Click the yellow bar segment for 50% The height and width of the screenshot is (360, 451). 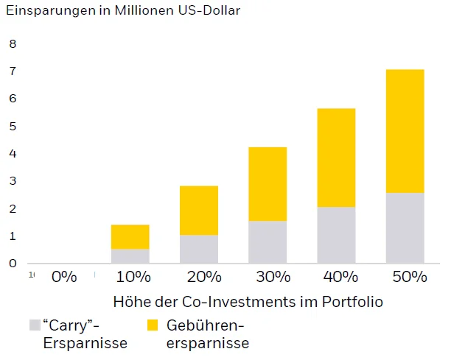pos(405,131)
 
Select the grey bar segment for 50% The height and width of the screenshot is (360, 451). pos(405,227)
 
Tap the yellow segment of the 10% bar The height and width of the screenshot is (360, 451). pos(130,236)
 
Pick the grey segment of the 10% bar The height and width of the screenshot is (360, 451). pos(130,255)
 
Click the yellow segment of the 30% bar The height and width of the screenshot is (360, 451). pos(268,184)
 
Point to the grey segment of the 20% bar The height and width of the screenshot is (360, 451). pos(199,249)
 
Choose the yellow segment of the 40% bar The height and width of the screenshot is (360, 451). pos(336,158)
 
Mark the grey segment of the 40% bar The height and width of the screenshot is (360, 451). pos(336,235)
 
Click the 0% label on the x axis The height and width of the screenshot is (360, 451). pos(64,278)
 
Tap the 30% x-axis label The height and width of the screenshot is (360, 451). pos(270,278)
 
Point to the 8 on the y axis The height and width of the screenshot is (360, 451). pos(12,43)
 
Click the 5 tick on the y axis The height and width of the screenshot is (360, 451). pos(12,126)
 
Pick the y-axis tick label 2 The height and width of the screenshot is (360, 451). pos(12,208)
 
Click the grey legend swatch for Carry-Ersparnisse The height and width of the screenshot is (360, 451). pos(35,325)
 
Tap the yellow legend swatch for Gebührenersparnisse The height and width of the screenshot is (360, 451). pos(153,325)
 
